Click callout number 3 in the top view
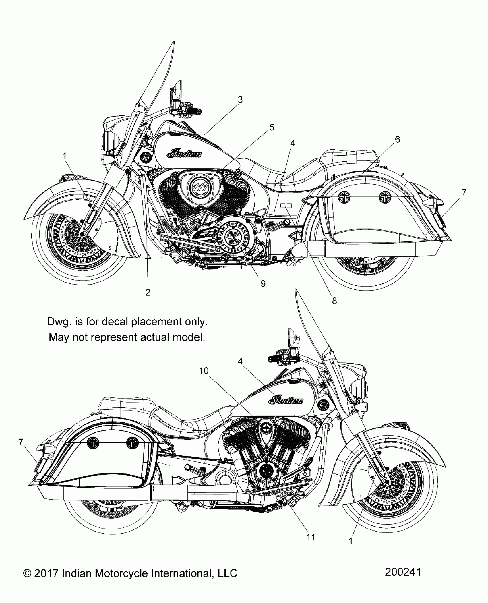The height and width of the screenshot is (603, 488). (240, 100)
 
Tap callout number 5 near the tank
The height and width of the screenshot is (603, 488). (272, 127)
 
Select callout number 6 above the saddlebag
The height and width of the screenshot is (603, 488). (397, 139)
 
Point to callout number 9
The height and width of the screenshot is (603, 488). (263, 283)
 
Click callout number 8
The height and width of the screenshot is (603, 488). (334, 301)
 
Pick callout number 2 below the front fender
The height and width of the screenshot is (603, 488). (148, 292)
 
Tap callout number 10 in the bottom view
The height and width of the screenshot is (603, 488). (204, 371)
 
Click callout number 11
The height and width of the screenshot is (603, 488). (311, 537)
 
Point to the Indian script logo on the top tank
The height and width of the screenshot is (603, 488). (185, 154)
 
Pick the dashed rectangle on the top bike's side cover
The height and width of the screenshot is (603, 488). (286, 205)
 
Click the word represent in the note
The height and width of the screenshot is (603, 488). (115, 337)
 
